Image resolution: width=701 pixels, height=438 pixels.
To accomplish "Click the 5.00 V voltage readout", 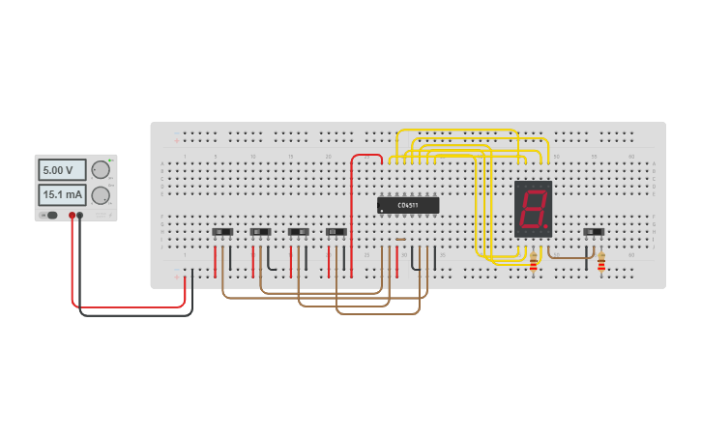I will point(61,170).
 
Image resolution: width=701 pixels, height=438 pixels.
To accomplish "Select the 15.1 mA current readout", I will point(61,195).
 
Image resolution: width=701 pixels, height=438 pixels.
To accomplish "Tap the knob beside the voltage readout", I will point(101,170).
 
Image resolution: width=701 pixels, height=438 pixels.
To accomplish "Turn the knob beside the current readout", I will point(101,195).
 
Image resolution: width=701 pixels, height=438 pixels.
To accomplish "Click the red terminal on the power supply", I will point(72,216).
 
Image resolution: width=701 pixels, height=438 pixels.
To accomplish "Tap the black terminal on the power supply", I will point(80,216).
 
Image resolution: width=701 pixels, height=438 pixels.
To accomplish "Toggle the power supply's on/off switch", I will point(50,216).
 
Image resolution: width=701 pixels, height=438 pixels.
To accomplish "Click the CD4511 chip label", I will point(408,205).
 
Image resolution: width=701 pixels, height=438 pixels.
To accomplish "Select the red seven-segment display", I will point(533,208).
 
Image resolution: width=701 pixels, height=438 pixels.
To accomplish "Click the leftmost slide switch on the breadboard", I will point(222,232).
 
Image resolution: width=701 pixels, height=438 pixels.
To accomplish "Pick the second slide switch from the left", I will point(260,232).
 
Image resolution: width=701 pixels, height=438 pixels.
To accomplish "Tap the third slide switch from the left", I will point(299,232).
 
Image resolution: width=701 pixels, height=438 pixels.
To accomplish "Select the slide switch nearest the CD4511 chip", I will point(336,232).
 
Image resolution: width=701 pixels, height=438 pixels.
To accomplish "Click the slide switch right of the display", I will point(594,232).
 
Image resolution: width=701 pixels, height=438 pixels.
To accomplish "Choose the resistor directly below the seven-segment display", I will point(534,261).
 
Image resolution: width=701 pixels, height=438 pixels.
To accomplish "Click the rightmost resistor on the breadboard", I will point(601,262).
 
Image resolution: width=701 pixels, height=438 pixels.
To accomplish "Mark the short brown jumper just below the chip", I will point(400,239).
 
